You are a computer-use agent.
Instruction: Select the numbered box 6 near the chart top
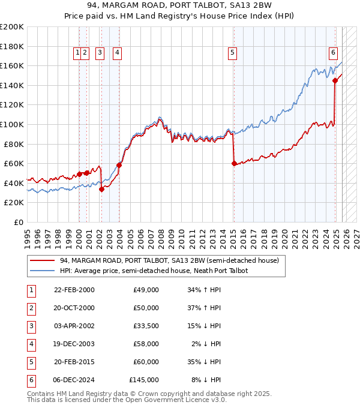[x=333, y=52]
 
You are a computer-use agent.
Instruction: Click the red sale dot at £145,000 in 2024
[x=335, y=80]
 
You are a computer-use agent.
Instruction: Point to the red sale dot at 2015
[x=233, y=163]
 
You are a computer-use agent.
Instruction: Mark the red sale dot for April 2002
[x=101, y=189]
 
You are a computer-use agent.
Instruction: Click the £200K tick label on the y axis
[x=12, y=27]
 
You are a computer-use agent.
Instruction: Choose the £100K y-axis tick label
[x=12, y=124]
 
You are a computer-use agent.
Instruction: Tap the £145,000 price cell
[x=144, y=380]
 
